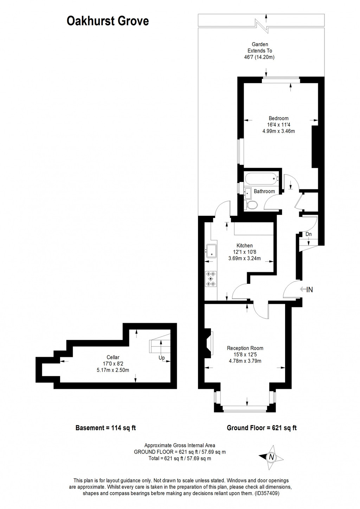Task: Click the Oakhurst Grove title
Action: (x=108, y=21)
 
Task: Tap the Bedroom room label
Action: (x=278, y=118)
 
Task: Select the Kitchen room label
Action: (x=244, y=246)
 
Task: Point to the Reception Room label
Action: (x=245, y=348)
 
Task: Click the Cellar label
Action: (x=113, y=357)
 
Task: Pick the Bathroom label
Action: (x=264, y=191)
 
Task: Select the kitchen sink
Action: (x=212, y=251)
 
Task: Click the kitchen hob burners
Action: (x=211, y=279)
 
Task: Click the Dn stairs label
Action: (x=308, y=234)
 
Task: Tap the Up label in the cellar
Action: (x=162, y=358)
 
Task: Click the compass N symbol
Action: (x=271, y=457)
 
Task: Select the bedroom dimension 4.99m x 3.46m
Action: (x=278, y=131)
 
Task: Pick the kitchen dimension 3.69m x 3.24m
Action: (x=244, y=258)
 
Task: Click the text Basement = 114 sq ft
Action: (x=105, y=428)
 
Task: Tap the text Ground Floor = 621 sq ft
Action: (x=262, y=428)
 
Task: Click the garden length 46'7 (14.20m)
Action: (x=259, y=57)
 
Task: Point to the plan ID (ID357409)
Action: (x=267, y=493)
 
